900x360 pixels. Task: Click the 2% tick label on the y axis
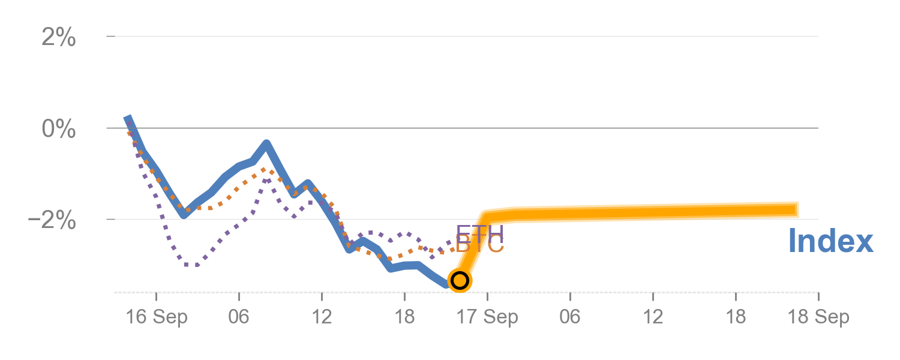(x=59, y=38)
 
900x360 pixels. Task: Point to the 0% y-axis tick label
(x=59, y=129)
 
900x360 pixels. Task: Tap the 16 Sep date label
(x=156, y=317)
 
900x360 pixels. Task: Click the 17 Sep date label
(x=487, y=317)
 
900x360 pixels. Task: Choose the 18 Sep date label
(x=819, y=317)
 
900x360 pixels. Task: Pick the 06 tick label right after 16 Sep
(x=239, y=317)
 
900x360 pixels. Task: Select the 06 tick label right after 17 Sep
(x=570, y=317)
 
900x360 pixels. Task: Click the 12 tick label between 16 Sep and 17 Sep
(x=322, y=317)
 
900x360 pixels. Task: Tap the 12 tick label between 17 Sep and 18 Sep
(x=653, y=317)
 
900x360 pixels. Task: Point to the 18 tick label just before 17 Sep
(x=404, y=317)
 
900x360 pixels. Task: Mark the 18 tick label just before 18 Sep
(x=736, y=317)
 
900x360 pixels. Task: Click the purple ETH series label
(x=479, y=233)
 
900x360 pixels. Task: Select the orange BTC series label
(x=479, y=245)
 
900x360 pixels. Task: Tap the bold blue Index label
(x=830, y=241)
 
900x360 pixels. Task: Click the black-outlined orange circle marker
(x=460, y=280)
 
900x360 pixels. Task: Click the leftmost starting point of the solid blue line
(x=127, y=118)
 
